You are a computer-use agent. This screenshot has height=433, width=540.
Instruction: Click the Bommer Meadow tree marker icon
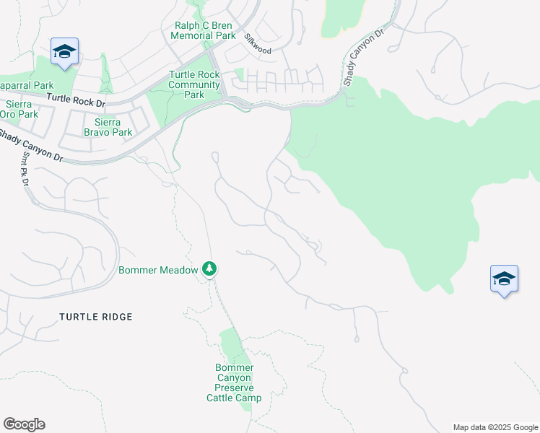click(209, 269)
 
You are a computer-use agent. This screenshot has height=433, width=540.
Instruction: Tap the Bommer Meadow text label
click(158, 271)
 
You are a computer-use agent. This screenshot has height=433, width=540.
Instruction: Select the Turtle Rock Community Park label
click(194, 84)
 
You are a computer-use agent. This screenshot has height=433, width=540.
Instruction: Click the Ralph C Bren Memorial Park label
click(205, 30)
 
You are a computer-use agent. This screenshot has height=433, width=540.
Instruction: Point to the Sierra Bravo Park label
click(108, 128)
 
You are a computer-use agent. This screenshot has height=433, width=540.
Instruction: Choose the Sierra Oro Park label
click(19, 110)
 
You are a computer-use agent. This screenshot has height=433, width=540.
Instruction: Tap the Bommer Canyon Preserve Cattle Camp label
click(234, 382)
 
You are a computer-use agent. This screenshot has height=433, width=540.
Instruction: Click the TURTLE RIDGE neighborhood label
click(96, 317)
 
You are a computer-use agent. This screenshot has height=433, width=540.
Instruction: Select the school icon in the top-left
click(64, 51)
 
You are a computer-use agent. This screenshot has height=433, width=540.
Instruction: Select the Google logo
click(24, 424)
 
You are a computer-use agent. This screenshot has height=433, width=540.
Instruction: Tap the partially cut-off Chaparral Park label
click(19, 84)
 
